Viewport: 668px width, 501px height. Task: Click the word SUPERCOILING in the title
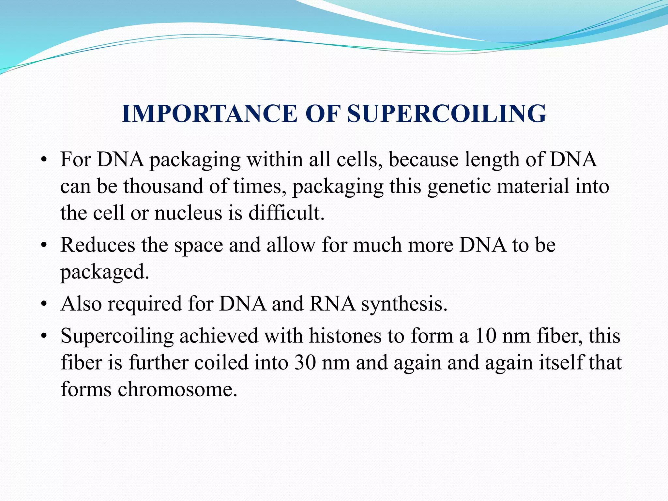pyautogui.click(x=447, y=114)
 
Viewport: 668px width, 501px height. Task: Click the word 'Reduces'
pyautogui.click(x=98, y=245)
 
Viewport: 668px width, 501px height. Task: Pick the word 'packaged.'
pyautogui.click(x=105, y=272)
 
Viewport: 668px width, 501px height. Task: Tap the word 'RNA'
pyautogui.click(x=332, y=304)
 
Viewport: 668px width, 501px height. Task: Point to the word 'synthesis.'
pyautogui.click(x=404, y=304)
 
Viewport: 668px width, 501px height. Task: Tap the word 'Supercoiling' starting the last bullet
pyautogui.click(x=117, y=336)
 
